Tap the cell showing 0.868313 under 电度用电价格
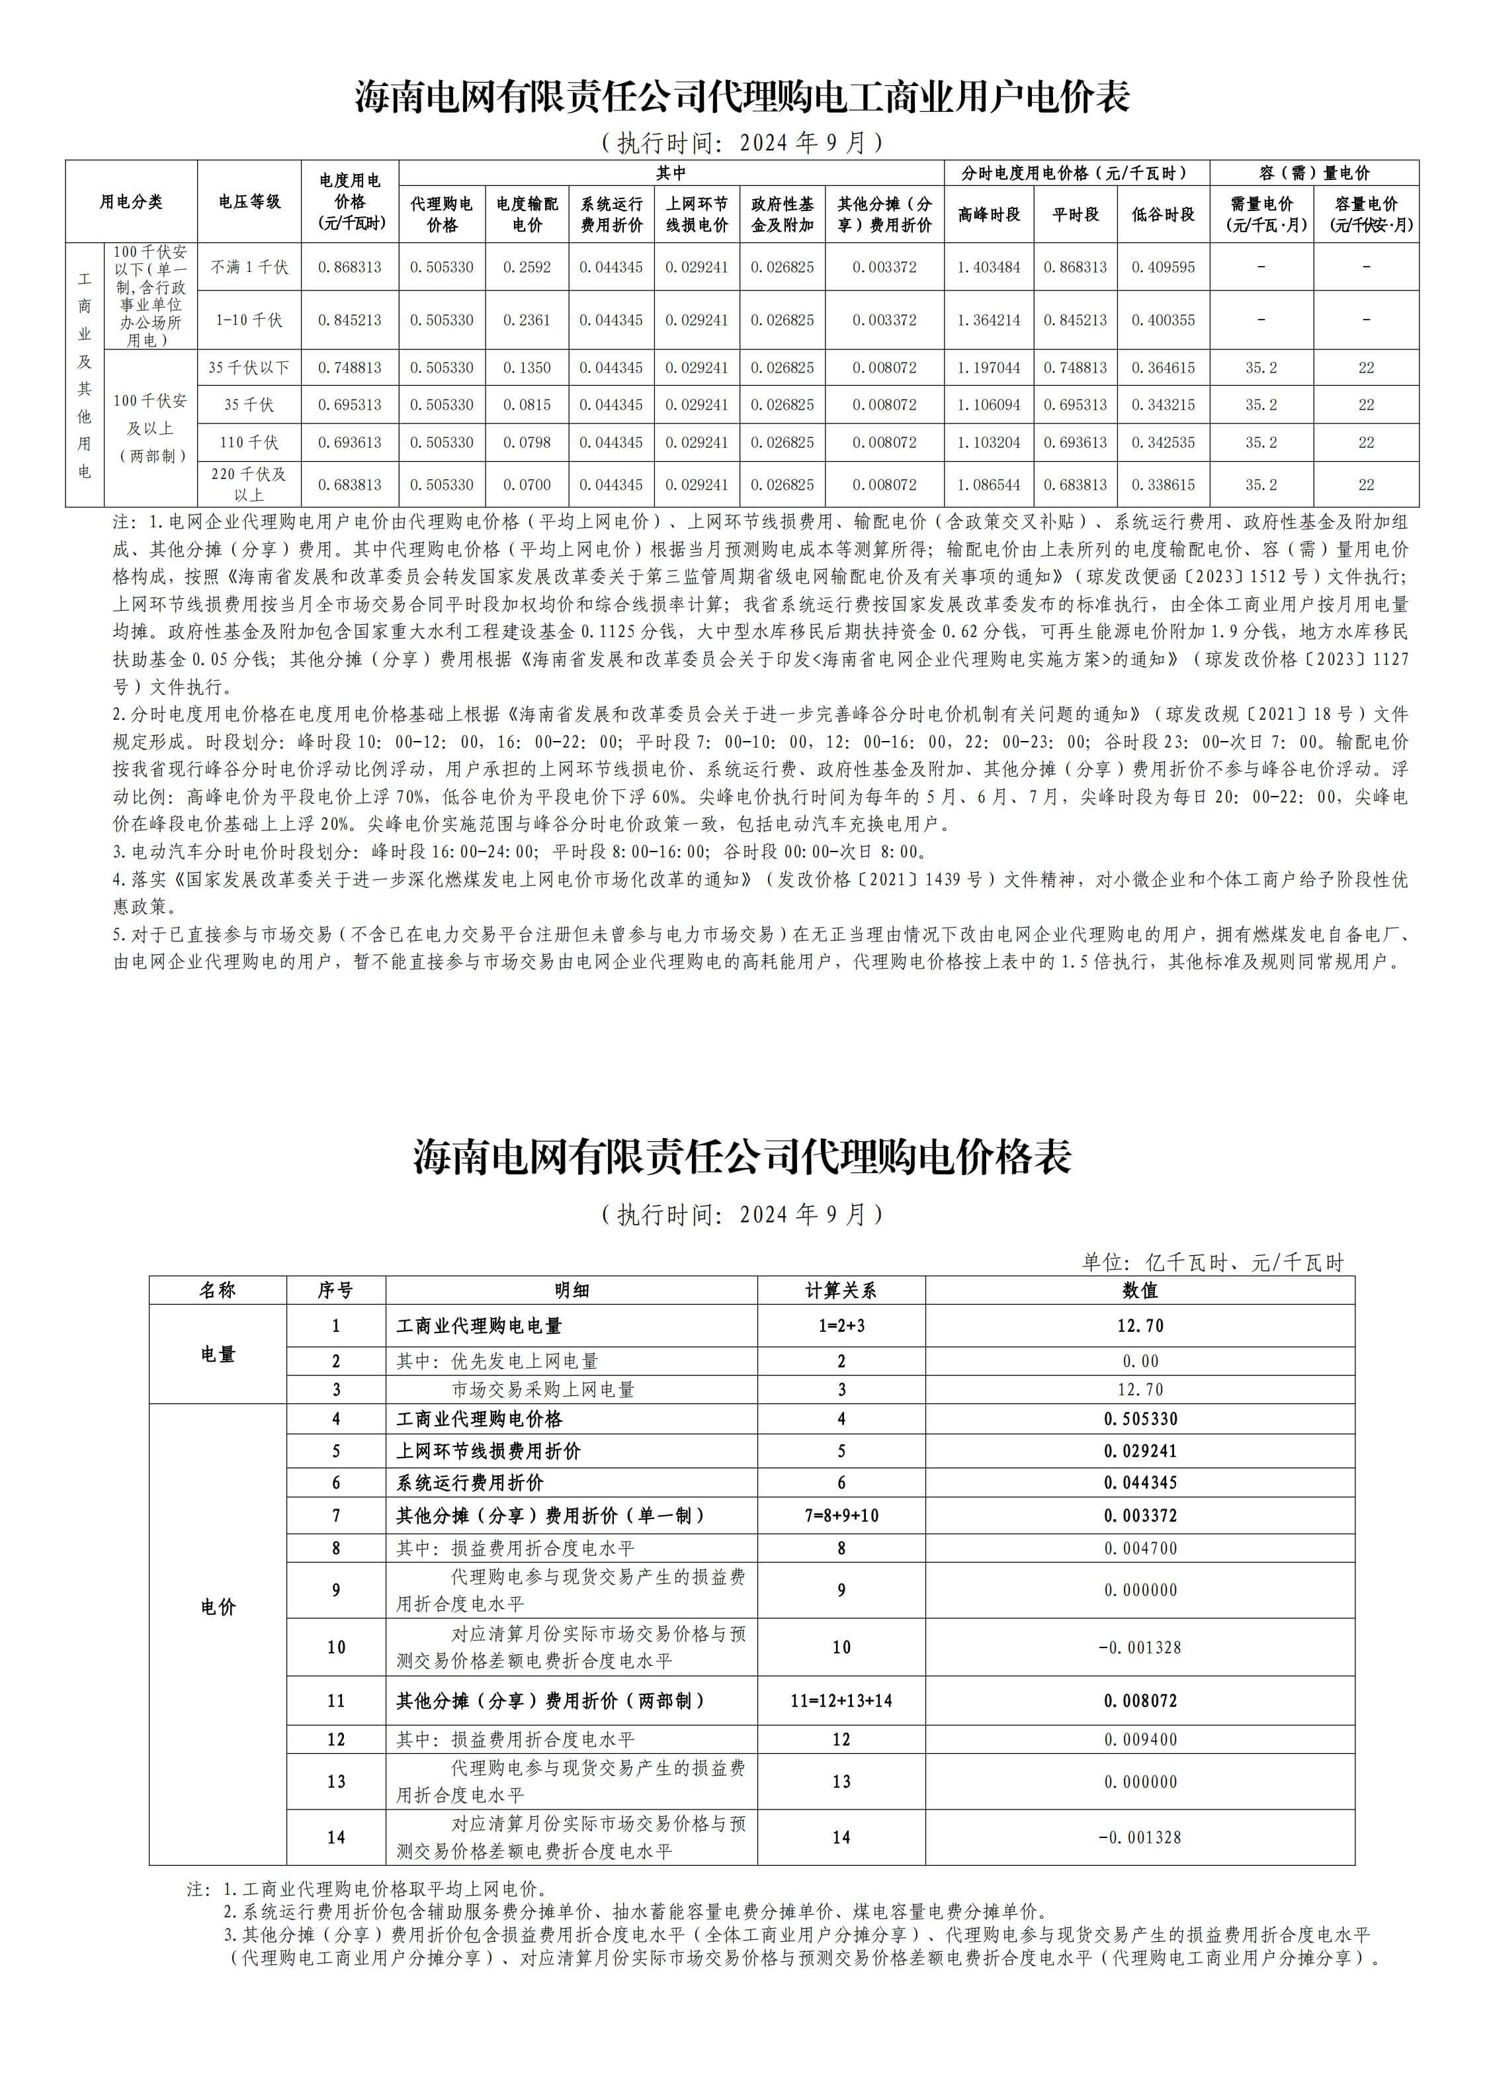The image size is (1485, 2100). [x=349, y=267]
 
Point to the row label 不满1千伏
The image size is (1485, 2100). [x=249, y=267]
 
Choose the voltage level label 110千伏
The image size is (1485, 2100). [x=249, y=443]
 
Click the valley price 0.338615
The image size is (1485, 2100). [x=1162, y=485]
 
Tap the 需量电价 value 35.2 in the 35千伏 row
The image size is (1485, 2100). [x=1261, y=404]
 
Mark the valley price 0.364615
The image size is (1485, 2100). [x=1162, y=368]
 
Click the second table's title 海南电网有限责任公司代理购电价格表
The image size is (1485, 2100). [x=742, y=1157]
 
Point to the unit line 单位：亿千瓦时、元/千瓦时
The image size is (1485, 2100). [x=1212, y=1263]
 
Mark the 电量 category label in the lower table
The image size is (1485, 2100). [x=218, y=1354]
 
